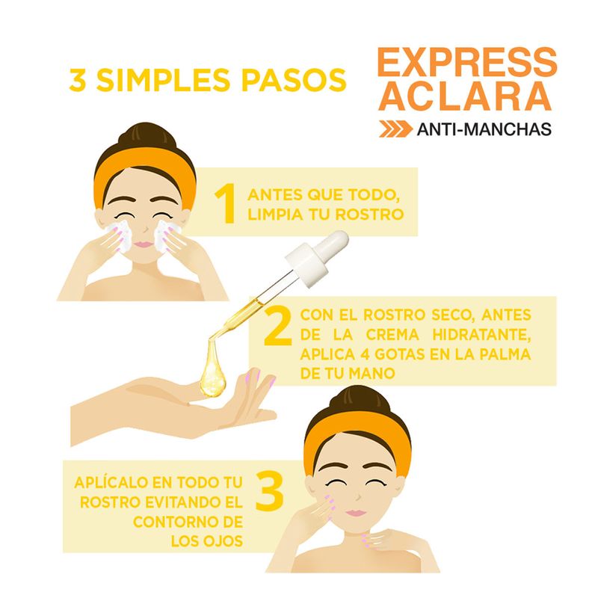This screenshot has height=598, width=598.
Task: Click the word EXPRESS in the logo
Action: (467, 62)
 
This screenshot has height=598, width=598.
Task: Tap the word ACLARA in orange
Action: (465, 96)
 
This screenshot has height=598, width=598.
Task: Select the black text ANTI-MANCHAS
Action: (484, 129)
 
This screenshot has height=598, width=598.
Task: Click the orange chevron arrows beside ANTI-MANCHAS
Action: (395, 129)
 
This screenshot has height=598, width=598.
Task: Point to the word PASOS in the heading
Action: (294, 81)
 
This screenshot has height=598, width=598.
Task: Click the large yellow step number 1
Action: (226, 203)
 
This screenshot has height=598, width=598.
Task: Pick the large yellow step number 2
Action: (278, 325)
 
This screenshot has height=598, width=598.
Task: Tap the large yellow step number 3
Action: (269, 492)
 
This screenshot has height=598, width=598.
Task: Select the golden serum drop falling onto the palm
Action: (213, 371)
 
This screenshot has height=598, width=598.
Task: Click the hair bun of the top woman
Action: (147, 136)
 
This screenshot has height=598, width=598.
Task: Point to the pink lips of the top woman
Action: (144, 244)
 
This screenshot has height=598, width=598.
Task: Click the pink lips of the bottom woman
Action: (356, 513)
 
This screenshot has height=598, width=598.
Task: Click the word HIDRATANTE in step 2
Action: (481, 335)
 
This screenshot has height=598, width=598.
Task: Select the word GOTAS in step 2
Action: (400, 354)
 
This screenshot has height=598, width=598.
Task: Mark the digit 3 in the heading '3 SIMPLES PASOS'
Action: (78, 81)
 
